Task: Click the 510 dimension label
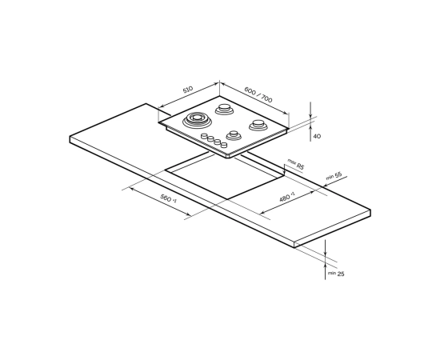(x=188, y=90)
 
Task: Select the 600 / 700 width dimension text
(x=258, y=94)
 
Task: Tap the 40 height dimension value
(x=317, y=136)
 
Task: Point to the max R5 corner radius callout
(x=296, y=164)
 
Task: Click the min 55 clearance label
(x=334, y=176)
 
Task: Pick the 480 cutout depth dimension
(x=286, y=197)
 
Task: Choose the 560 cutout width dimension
(x=168, y=198)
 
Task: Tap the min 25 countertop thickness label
(x=336, y=274)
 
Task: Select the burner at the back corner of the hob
(x=224, y=109)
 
